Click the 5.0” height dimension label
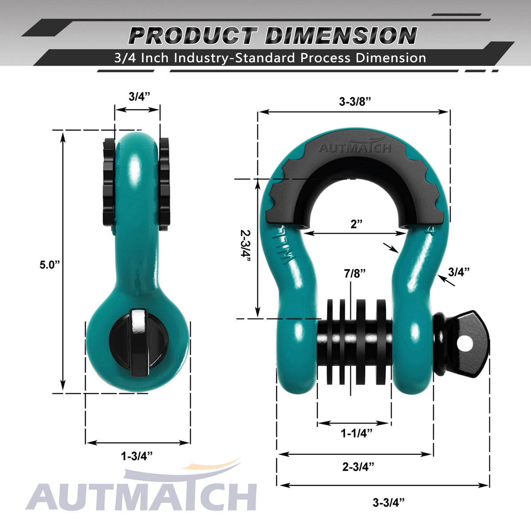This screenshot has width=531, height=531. point(49,265)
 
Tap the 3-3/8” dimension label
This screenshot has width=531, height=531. point(354,101)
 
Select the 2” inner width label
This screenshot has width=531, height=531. point(356,224)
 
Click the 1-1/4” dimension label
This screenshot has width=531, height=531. point(356,433)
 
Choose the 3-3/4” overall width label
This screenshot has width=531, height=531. point(389,502)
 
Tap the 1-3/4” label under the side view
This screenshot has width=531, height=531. point(137,456)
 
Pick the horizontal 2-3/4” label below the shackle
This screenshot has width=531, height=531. point(358,466)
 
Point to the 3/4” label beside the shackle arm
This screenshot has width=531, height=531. point(458,272)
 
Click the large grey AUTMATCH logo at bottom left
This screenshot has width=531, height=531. point(142,496)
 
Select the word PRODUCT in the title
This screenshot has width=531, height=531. point(192,36)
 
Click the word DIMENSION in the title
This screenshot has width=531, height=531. point(341,36)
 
